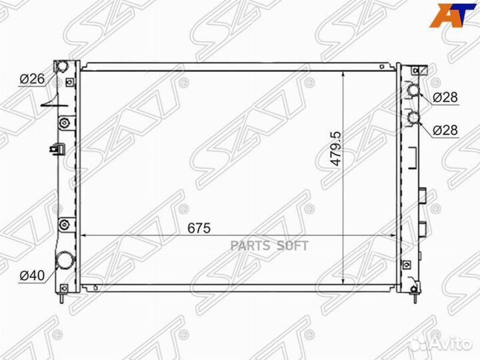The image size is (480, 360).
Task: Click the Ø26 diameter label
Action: tap(31, 79)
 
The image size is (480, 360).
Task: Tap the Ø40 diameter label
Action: tap(31, 275)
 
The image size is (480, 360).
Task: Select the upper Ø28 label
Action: tap(445, 97)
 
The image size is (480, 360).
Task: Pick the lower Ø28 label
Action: tap(445, 130)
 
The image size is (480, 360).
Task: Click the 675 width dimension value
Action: tap(198, 228)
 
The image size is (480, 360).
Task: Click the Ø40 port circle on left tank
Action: tap(65, 261)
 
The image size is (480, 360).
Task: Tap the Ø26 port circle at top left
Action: tap(61, 67)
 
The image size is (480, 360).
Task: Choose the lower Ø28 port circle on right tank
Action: tap(414, 119)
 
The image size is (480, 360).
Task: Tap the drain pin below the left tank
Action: tap(63, 298)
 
